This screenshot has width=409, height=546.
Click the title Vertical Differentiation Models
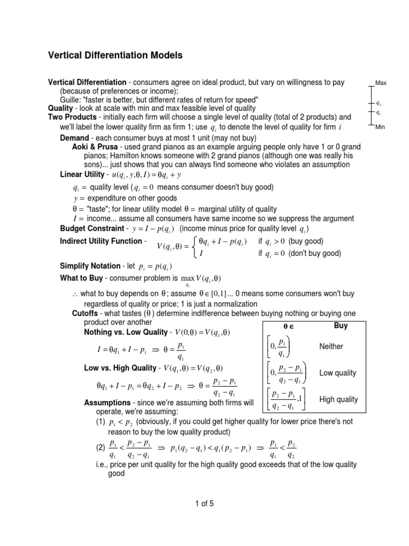click(x=116, y=55)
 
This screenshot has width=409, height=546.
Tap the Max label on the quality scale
click(x=381, y=83)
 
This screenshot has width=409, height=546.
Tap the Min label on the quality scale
click(x=380, y=126)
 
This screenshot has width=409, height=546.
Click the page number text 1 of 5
click(x=204, y=503)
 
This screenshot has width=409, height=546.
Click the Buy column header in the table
click(x=340, y=325)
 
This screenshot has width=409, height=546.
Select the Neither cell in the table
click(x=331, y=347)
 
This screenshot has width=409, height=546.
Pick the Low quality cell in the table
click(x=338, y=373)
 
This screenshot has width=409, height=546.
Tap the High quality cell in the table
click(x=339, y=399)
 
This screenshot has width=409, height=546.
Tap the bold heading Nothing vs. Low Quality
click(x=126, y=333)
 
